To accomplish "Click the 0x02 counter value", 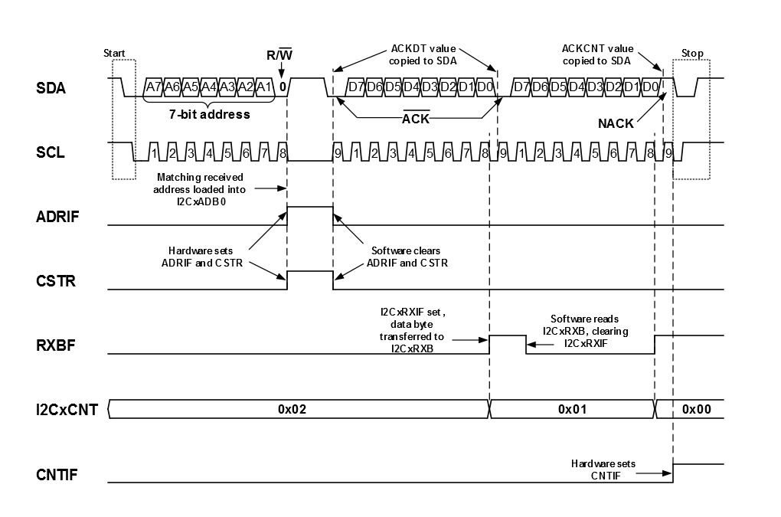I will (292, 410).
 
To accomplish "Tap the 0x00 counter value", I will (696, 410).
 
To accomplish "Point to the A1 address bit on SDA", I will (265, 87).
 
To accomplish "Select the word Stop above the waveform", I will (691, 53).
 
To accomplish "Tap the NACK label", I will (616, 123).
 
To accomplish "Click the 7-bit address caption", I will (210, 114).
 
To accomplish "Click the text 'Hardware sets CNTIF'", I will (603, 469).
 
